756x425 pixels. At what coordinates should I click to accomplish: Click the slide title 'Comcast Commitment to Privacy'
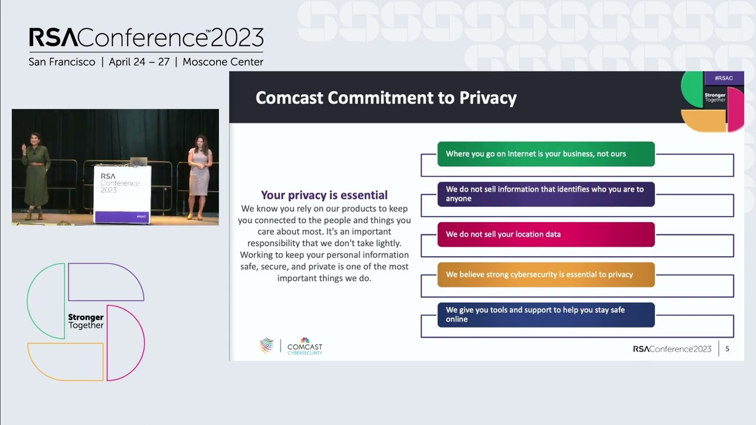[x=386, y=97]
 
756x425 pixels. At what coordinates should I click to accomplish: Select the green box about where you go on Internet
[x=546, y=154]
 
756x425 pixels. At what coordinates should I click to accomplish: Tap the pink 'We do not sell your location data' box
[x=546, y=234]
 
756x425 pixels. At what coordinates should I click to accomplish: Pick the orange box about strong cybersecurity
[x=546, y=274]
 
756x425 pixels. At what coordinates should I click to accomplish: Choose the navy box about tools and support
[x=546, y=315]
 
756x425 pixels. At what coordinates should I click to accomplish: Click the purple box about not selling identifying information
[x=546, y=194]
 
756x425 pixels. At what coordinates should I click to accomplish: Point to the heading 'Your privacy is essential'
[x=324, y=195]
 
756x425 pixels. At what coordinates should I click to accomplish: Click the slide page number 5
[x=727, y=349]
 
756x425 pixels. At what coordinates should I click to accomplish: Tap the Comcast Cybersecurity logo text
[x=305, y=349]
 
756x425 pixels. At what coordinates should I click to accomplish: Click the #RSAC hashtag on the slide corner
[x=724, y=78]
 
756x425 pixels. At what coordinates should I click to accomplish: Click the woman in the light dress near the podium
[x=199, y=176]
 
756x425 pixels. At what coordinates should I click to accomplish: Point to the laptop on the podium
[x=139, y=161]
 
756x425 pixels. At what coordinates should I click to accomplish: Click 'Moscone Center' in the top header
[x=223, y=62]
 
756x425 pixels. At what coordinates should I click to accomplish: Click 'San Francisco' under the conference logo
[x=62, y=62]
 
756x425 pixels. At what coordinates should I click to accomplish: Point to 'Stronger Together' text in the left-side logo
[x=86, y=321]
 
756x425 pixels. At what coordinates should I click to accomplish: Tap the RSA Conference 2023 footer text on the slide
[x=672, y=349]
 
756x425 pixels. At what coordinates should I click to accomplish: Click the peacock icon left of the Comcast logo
[x=267, y=345]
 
